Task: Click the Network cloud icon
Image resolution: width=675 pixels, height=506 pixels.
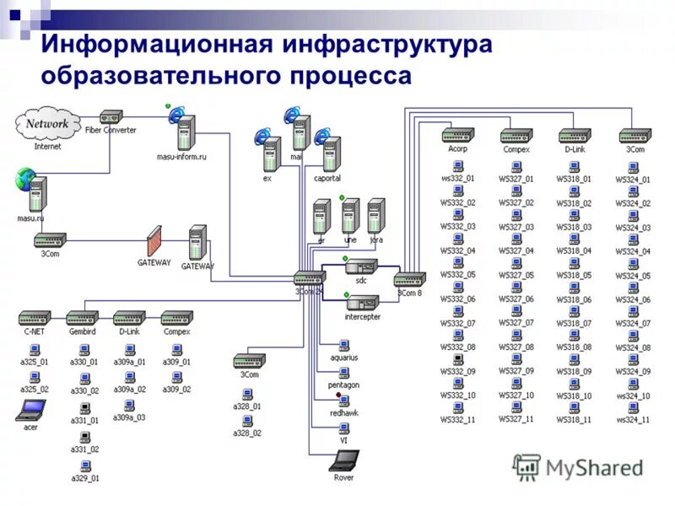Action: click(x=46, y=125)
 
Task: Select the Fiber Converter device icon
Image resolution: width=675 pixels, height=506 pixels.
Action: click(x=111, y=117)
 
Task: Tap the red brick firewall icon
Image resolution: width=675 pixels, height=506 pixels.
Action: click(x=154, y=241)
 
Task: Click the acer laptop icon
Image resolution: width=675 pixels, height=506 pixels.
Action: click(x=31, y=411)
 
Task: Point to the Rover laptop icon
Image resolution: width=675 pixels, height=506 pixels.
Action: click(x=343, y=460)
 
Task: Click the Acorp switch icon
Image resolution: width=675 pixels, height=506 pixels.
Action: click(x=457, y=135)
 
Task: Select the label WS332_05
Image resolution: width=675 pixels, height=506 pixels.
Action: click(x=458, y=275)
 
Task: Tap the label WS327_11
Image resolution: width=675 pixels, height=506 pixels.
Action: click(x=516, y=419)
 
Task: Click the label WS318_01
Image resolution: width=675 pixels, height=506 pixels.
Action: click(x=574, y=179)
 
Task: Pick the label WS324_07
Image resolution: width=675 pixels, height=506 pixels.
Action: click(x=633, y=324)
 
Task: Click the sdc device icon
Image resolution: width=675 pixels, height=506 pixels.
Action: click(x=361, y=267)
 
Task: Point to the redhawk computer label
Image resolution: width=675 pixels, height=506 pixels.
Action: click(x=344, y=414)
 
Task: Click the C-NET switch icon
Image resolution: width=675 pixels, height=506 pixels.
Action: click(x=35, y=318)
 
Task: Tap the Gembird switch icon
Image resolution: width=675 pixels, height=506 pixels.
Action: click(x=83, y=318)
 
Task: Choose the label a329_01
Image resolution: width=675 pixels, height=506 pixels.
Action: click(x=84, y=478)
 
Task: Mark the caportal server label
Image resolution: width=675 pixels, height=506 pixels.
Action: click(x=327, y=179)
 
